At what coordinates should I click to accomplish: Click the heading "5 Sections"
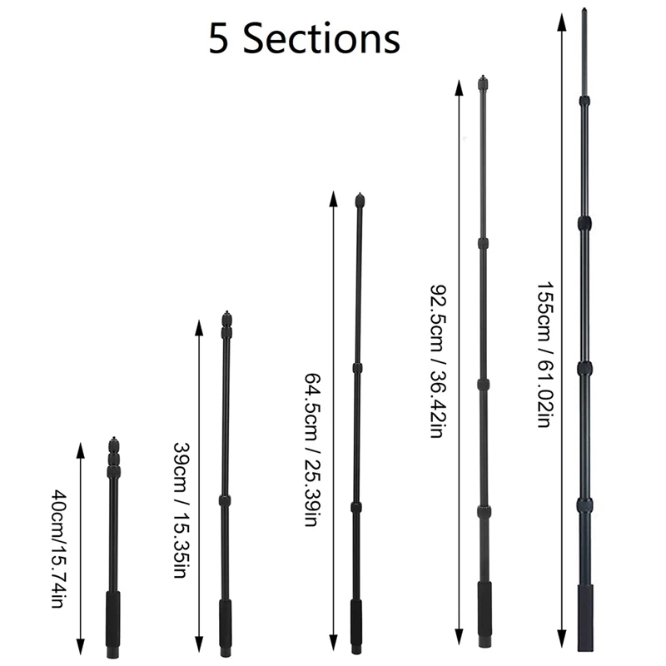pyautogui.click(x=304, y=40)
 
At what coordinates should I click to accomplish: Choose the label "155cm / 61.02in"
pyautogui.click(x=542, y=353)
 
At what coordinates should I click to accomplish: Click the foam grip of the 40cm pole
pyautogui.click(x=113, y=615)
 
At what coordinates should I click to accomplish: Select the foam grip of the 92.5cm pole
pyautogui.click(x=484, y=609)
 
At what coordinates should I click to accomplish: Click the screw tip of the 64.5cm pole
pyautogui.click(x=360, y=200)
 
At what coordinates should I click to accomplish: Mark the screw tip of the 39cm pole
pyautogui.click(x=226, y=317)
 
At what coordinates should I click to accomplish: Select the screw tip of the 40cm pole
pyautogui.click(x=114, y=440)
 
